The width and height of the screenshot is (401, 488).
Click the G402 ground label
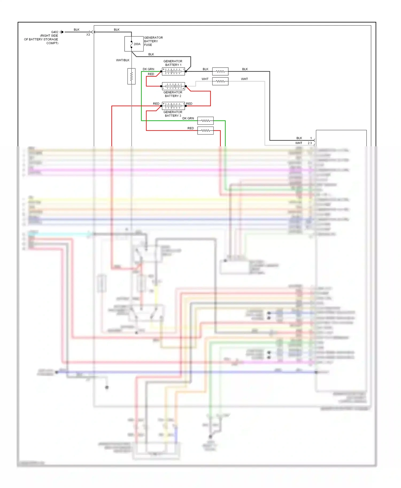pyautogui.click(x=55, y=32)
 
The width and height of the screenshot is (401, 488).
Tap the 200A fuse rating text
pyautogui.click(x=137, y=44)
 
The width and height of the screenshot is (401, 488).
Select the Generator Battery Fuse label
pyautogui.click(x=153, y=41)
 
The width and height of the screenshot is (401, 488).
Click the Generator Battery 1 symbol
pyautogui.click(x=173, y=71)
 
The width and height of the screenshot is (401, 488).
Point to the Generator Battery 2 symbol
pyautogui.click(x=173, y=86)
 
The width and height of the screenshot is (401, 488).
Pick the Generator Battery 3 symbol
pyautogui.click(x=173, y=106)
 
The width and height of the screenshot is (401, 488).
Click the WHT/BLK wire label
pyautogui.click(x=122, y=60)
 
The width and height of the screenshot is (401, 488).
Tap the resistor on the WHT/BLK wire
pyautogui.click(x=131, y=77)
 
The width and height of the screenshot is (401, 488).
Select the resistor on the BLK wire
pyautogui.click(x=220, y=72)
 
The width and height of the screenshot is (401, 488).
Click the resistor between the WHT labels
pyautogui.click(x=220, y=81)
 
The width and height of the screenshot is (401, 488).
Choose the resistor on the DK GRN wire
pyautogui.click(x=205, y=121)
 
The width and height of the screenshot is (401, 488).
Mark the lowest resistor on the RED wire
pyautogui.click(x=205, y=131)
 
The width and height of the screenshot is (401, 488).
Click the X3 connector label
pyautogui.click(x=88, y=35)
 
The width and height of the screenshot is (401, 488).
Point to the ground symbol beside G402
pyautogui.click(x=62, y=32)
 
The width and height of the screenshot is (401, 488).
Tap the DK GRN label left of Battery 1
pyautogui.click(x=148, y=69)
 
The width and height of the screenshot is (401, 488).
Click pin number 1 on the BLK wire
pyautogui.click(x=311, y=138)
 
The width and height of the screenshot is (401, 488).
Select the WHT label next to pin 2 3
pyautogui.click(x=299, y=143)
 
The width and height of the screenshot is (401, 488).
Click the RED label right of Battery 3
pyautogui.click(x=189, y=104)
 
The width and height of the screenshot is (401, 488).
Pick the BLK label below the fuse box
pyautogui.click(x=151, y=54)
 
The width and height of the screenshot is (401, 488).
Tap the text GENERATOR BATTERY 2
pyautogui.click(x=173, y=94)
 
